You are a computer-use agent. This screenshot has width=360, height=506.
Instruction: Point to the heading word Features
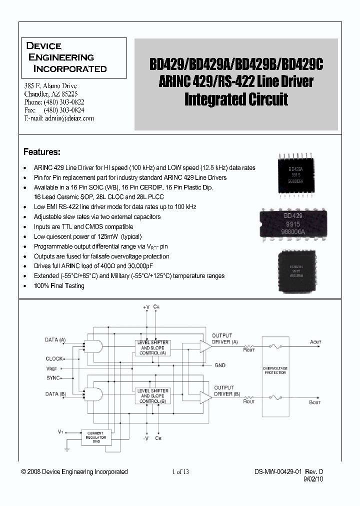click(x=42, y=151)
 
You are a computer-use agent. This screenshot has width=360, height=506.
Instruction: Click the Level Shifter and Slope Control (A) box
click(x=152, y=346)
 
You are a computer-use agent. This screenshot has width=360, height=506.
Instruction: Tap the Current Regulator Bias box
click(x=96, y=436)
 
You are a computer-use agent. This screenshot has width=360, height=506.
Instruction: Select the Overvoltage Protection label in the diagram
click(x=275, y=370)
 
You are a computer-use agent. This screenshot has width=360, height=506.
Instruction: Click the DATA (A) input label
click(x=55, y=340)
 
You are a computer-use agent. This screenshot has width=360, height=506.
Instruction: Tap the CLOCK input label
click(x=54, y=358)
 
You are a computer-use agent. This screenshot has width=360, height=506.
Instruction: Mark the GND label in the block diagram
click(x=220, y=365)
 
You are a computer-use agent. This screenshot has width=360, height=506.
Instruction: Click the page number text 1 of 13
click(x=180, y=471)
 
